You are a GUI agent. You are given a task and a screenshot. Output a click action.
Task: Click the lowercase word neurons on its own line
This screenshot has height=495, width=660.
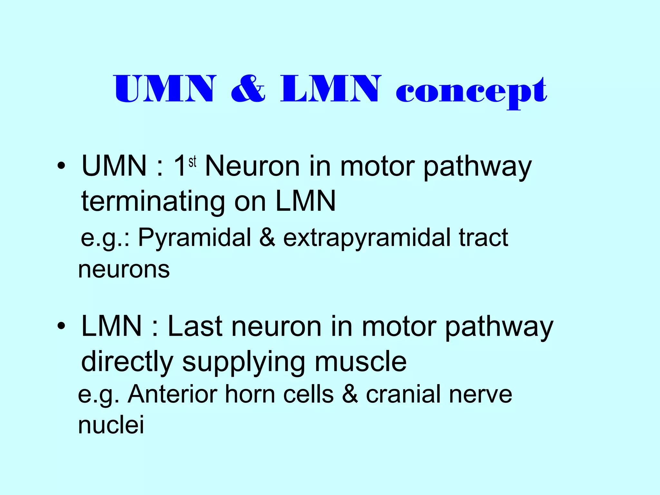click(124, 270)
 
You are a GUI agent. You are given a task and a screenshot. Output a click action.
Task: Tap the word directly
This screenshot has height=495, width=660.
click(127, 362)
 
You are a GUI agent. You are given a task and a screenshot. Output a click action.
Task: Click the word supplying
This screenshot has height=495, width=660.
click(243, 362)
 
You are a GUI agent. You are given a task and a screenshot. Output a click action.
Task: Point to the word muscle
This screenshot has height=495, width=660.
click(361, 362)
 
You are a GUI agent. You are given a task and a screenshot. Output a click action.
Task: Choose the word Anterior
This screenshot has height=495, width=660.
click(172, 394)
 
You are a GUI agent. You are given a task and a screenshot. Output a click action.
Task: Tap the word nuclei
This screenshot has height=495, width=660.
click(111, 425)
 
